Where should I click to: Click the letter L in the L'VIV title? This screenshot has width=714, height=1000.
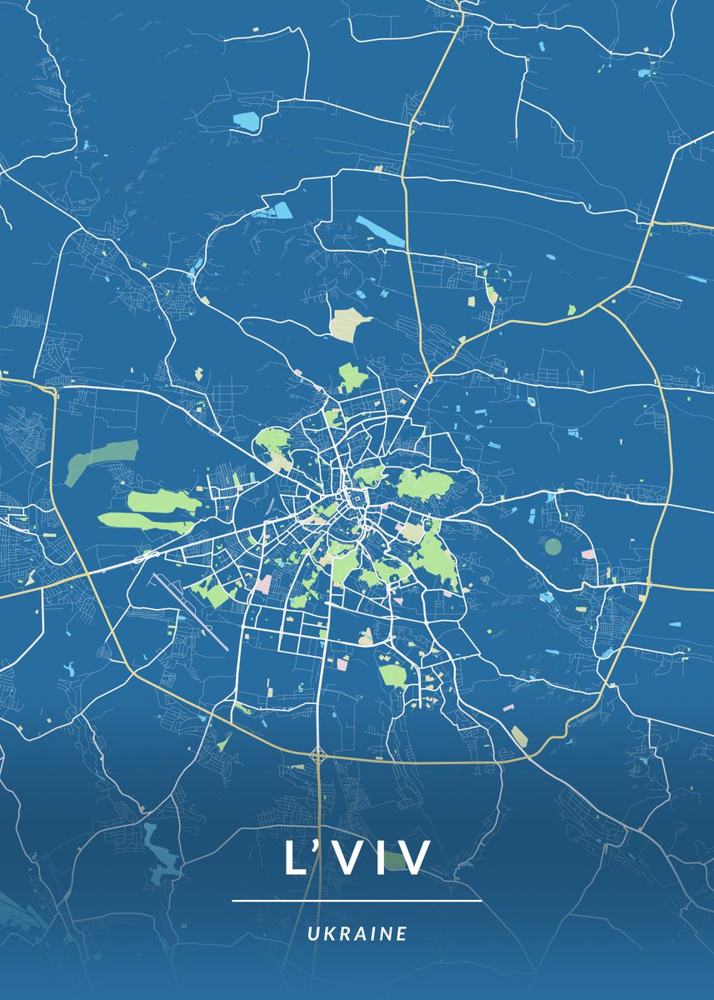coord(297,857)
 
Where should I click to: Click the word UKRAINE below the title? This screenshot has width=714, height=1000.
coord(357,933)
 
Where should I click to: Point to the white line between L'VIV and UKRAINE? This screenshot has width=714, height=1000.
coord(357,901)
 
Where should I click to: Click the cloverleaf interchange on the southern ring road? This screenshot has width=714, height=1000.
coord(318,757)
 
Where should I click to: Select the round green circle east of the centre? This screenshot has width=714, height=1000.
coord(553,547)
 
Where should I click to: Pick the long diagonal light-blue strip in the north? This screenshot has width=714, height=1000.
coord(380,231)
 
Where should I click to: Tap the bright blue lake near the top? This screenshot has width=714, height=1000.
coord(247,122)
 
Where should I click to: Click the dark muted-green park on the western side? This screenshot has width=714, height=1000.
coord(102,460)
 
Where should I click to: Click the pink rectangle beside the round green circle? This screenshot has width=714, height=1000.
coord(588,553)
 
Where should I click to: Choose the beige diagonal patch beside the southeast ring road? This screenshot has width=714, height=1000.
coord(520,736)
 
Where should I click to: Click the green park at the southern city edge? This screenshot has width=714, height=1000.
coord(393,675)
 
